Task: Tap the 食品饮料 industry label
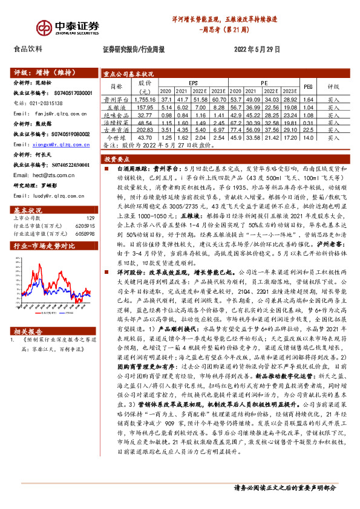click(28, 49)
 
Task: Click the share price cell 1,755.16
click(145, 99)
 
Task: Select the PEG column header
click(308, 86)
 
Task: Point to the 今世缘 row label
click(116, 138)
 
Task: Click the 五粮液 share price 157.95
click(145, 106)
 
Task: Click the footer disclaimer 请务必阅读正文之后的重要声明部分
click(284, 488)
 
